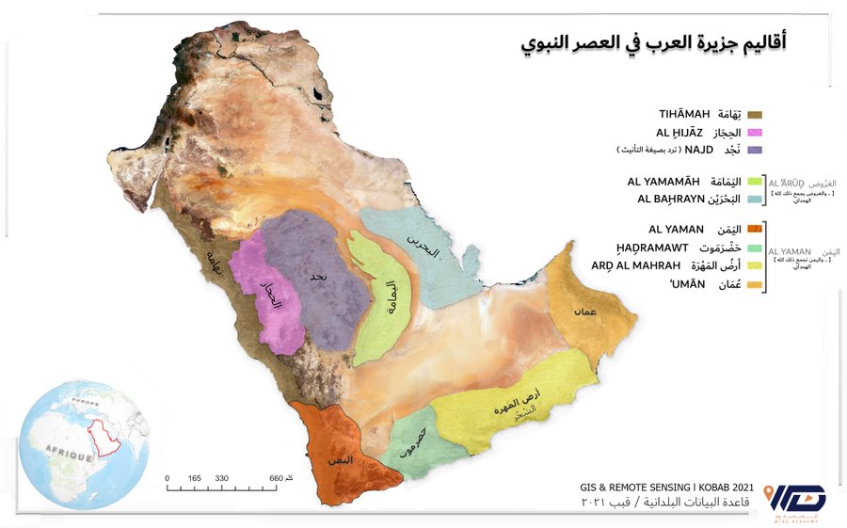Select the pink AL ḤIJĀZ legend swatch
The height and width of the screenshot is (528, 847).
point(754,133)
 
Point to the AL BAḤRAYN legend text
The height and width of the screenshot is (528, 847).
point(671,199)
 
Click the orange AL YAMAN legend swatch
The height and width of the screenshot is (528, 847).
point(754,229)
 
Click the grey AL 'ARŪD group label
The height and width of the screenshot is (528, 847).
point(789,183)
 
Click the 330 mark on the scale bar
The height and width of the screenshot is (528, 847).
point(222,479)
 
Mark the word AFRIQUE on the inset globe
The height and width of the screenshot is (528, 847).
point(63,456)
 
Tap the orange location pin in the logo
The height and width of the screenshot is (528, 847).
point(770,494)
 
